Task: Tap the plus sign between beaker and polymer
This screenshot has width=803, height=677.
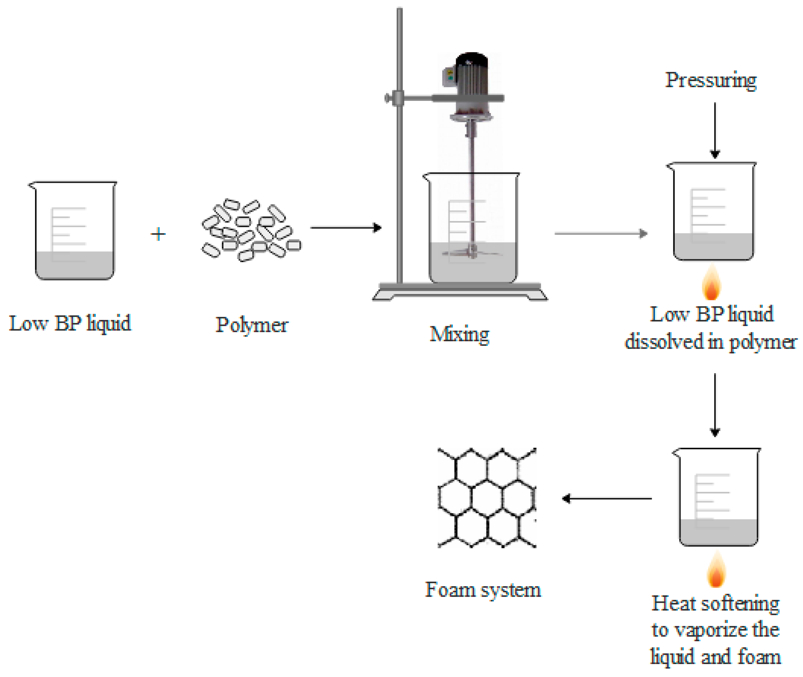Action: [158, 234]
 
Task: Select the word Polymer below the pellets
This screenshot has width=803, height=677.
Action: [252, 325]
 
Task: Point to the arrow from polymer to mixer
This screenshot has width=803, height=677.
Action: [345, 228]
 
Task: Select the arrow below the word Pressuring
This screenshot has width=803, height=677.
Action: [715, 130]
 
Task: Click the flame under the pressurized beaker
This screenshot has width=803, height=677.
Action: [711, 284]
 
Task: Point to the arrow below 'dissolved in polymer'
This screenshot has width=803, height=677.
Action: [715, 405]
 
